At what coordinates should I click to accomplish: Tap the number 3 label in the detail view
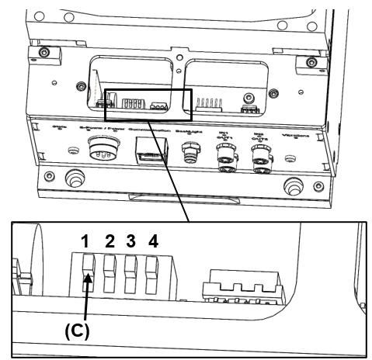click(133, 241)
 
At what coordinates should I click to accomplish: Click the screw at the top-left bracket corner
click(46, 51)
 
